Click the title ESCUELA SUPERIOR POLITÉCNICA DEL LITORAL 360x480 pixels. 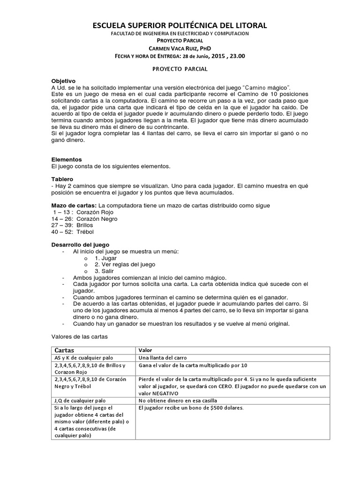coord(180,25)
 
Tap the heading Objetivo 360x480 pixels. coord(63,81)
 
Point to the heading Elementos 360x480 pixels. coord(66,159)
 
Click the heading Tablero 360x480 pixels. coord(62,179)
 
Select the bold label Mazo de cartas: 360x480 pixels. coord(74,205)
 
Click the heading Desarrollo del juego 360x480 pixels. coord(80,245)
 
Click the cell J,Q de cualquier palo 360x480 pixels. coord(80,401)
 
